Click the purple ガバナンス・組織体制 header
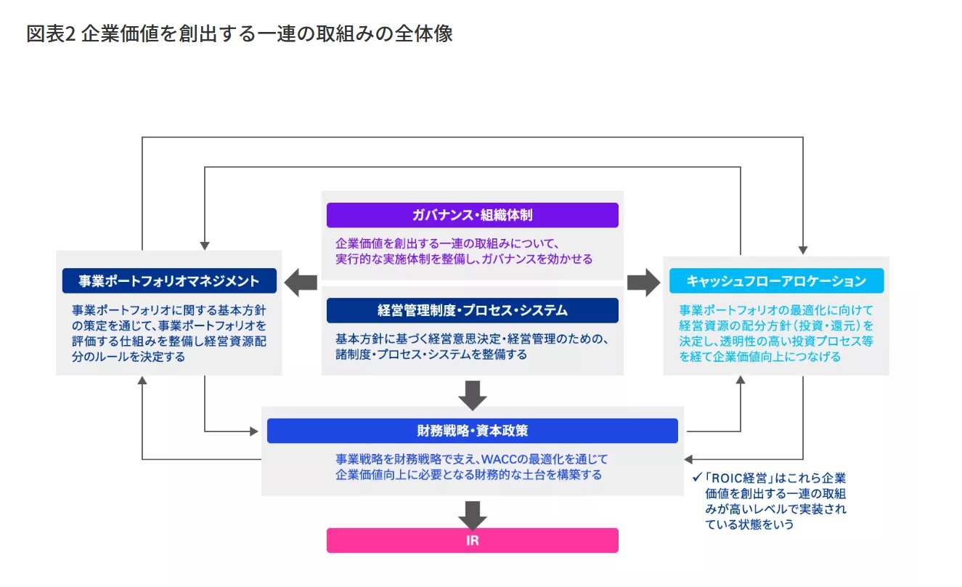pyautogui.click(x=473, y=215)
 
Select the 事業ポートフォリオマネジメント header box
pyautogui.click(x=169, y=280)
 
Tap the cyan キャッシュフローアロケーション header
pyautogui.click(x=776, y=280)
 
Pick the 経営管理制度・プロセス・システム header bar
pyautogui.click(x=473, y=310)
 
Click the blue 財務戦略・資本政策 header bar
pyautogui.click(x=473, y=431)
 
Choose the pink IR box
pyautogui.click(x=473, y=541)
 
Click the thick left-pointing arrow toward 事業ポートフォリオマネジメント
pyautogui.click(x=301, y=283)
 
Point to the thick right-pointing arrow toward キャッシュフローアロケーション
pyautogui.click(x=644, y=283)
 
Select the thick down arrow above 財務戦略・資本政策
pyautogui.click(x=473, y=395)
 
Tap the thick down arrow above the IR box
pyautogui.click(x=473, y=516)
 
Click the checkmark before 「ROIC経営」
pyautogui.click(x=697, y=477)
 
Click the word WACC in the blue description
pyautogui.click(x=499, y=459)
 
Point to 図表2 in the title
pyautogui.click(x=51, y=33)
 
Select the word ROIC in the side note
pyautogui.click(x=726, y=478)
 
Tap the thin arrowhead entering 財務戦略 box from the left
pyautogui.click(x=254, y=431)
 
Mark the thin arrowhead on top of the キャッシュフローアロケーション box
pyautogui.click(x=803, y=250)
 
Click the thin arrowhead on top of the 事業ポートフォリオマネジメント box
pyautogui.click(x=205, y=246)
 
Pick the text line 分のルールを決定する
pyautogui.click(x=129, y=357)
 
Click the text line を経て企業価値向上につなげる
pyautogui.click(x=759, y=357)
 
